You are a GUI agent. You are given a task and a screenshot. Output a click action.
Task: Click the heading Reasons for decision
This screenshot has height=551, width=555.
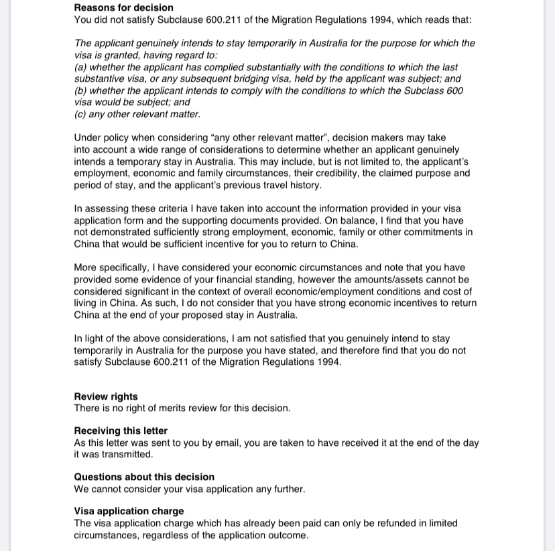[123, 8]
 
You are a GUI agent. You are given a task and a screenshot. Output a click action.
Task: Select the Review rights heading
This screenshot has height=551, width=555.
[106, 396]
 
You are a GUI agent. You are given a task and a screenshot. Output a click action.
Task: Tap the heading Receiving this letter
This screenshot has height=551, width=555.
[121, 430]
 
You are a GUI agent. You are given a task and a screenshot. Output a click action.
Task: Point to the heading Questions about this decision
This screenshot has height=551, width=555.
[144, 477]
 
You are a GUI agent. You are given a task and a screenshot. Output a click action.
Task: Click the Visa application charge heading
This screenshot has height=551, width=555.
[129, 511]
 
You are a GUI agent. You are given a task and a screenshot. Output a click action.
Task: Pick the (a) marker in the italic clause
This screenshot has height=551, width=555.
[80, 68]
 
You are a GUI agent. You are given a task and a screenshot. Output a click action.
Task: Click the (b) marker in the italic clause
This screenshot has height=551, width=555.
[80, 90]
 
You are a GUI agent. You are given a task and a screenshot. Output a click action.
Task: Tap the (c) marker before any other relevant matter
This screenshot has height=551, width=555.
[80, 114]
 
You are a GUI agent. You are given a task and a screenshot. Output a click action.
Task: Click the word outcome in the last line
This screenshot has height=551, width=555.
[289, 535]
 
